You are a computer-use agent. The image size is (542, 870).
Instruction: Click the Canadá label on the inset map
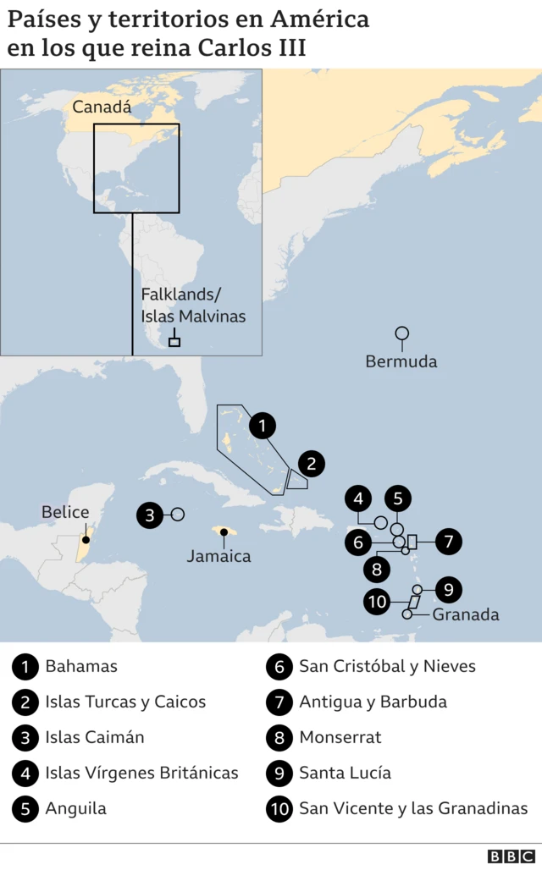tap(102, 107)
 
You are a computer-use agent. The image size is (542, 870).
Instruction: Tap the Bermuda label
tap(401, 361)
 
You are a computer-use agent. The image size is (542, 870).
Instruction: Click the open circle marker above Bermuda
tap(402, 333)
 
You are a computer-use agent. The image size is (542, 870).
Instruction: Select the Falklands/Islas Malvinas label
tap(193, 306)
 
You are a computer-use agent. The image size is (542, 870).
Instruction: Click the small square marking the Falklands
tap(174, 342)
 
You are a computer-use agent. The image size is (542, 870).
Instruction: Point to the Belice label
tap(65, 512)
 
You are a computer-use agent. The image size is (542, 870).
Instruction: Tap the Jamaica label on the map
tap(218, 556)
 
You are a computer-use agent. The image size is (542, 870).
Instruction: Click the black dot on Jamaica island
tap(224, 532)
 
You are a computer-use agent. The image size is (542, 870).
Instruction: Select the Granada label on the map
tap(466, 614)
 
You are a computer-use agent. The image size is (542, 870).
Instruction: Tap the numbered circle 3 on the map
tap(150, 515)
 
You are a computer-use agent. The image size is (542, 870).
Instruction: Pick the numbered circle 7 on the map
tap(449, 541)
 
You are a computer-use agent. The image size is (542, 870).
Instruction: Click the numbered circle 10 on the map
tap(378, 602)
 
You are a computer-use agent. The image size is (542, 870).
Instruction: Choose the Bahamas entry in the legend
tap(81, 666)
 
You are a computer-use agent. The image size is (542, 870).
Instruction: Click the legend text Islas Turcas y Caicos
tap(125, 702)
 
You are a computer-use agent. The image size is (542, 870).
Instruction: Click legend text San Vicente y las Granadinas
tap(412, 808)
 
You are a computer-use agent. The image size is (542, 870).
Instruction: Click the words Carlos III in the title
tap(252, 47)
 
